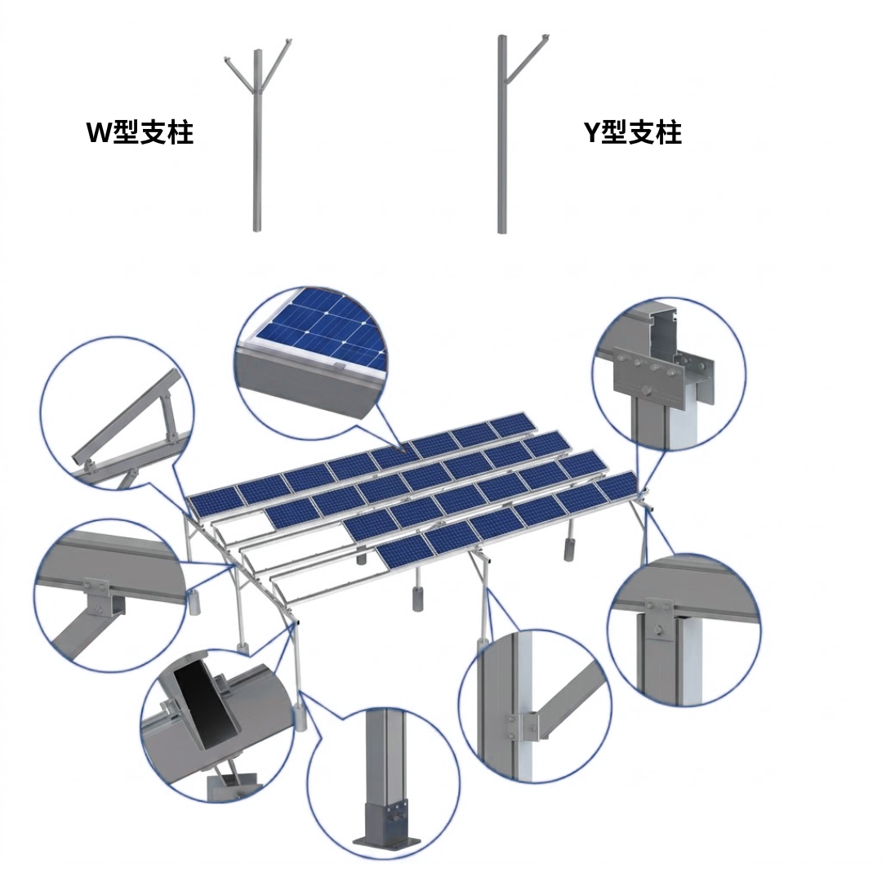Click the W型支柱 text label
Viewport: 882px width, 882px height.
(x=140, y=132)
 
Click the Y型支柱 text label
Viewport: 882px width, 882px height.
(x=633, y=132)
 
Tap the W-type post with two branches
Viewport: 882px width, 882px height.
(x=257, y=135)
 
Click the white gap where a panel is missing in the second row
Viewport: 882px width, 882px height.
(x=246, y=522)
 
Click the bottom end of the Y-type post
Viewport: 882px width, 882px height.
(x=501, y=230)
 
